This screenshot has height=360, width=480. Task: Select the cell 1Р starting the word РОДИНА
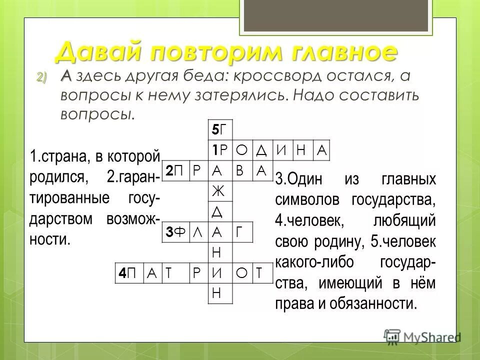click(220, 150)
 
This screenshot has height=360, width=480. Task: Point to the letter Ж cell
click(220, 191)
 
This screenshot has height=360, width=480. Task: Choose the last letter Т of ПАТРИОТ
click(261, 272)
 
